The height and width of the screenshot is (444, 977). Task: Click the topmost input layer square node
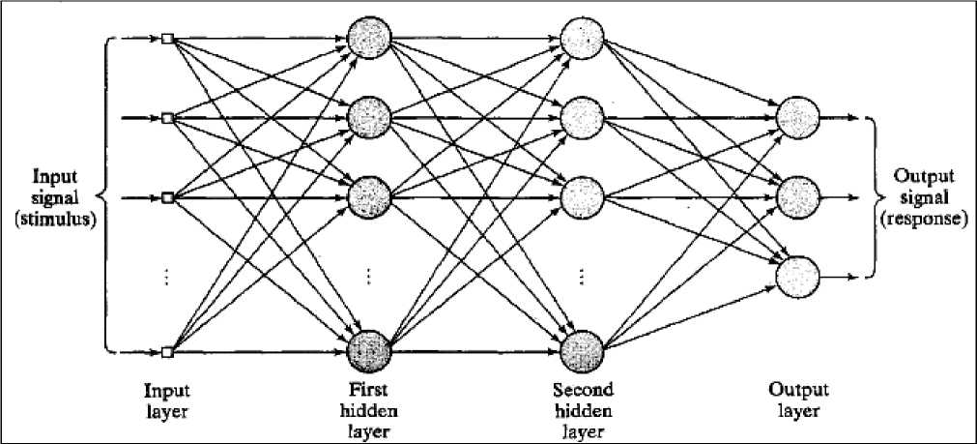tap(167, 40)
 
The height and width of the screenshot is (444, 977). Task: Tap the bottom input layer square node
tap(167, 351)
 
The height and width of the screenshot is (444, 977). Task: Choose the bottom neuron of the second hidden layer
tap(583, 351)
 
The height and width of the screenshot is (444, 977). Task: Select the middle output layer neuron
tap(798, 197)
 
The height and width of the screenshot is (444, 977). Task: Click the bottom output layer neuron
tap(798, 277)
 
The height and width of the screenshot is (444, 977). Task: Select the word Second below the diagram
tap(583, 391)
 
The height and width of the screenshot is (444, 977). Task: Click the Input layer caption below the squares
tap(166, 400)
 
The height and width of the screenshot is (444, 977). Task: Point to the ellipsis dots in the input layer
tap(167, 277)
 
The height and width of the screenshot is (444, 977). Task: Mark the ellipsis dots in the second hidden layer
tap(583, 277)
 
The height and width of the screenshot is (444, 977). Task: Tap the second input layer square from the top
tap(167, 118)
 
